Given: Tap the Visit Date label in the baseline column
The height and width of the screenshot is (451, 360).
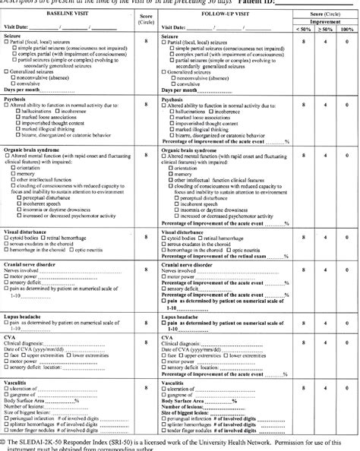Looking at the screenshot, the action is [x=20, y=27].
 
